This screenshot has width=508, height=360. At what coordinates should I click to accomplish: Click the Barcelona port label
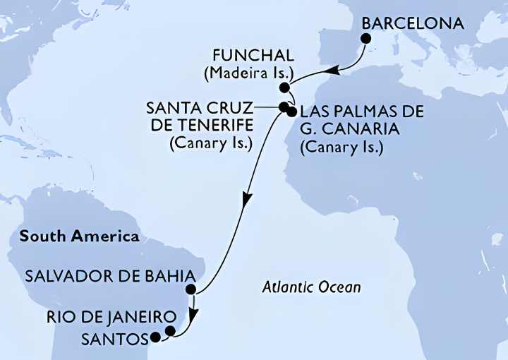coord(413,23)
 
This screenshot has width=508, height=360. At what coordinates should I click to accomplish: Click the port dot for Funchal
coord(284,88)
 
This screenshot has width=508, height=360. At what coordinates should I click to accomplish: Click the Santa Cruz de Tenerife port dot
coord(284,108)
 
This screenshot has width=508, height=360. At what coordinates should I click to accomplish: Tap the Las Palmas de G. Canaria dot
coord(291,111)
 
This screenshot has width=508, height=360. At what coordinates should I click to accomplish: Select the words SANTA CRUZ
coord(210,109)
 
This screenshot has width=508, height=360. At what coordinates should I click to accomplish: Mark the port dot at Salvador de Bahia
coord(190,289)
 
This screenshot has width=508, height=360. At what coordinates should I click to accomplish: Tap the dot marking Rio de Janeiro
coord(170,330)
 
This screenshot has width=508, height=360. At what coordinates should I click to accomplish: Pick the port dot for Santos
coord(155,338)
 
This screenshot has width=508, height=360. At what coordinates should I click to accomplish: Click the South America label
coord(80,236)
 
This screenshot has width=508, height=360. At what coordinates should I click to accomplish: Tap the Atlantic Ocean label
coord(312,287)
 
